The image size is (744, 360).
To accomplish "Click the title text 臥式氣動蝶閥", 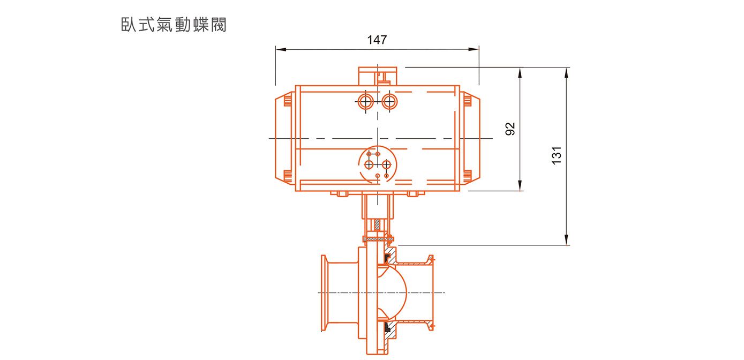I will click(x=174, y=25).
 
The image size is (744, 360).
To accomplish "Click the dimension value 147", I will click(x=377, y=40).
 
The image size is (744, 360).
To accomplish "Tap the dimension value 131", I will click(x=557, y=155).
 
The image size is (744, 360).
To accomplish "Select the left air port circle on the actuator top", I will click(x=367, y=101).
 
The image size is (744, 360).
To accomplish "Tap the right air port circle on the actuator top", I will click(x=389, y=101).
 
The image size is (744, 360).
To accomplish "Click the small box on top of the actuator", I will click(x=377, y=76).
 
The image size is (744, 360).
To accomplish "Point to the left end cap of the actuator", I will click(x=285, y=138).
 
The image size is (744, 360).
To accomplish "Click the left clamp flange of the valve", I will click(x=324, y=293).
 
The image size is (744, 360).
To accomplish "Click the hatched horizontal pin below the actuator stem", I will click(x=377, y=238).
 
